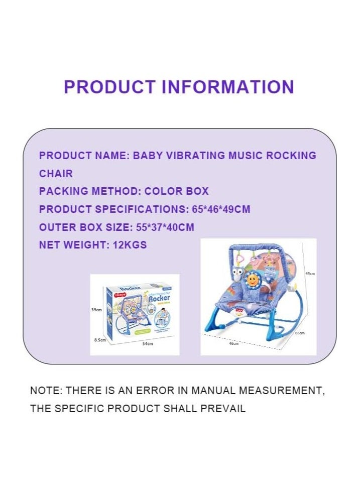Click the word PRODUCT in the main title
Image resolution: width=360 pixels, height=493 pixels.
(109, 87)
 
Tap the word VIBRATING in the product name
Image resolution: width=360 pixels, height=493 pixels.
(193, 156)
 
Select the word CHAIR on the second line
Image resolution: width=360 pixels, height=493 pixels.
(56, 174)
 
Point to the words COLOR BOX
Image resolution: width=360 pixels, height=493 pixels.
(176, 191)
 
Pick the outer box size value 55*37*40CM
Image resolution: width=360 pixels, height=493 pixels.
(165, 227)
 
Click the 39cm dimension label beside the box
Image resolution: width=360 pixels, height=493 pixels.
(96, 310)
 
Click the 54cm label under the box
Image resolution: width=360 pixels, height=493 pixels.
(147, 344)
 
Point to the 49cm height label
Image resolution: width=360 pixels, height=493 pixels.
(310, 274)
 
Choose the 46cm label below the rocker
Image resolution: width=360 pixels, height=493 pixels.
(234, 344)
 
